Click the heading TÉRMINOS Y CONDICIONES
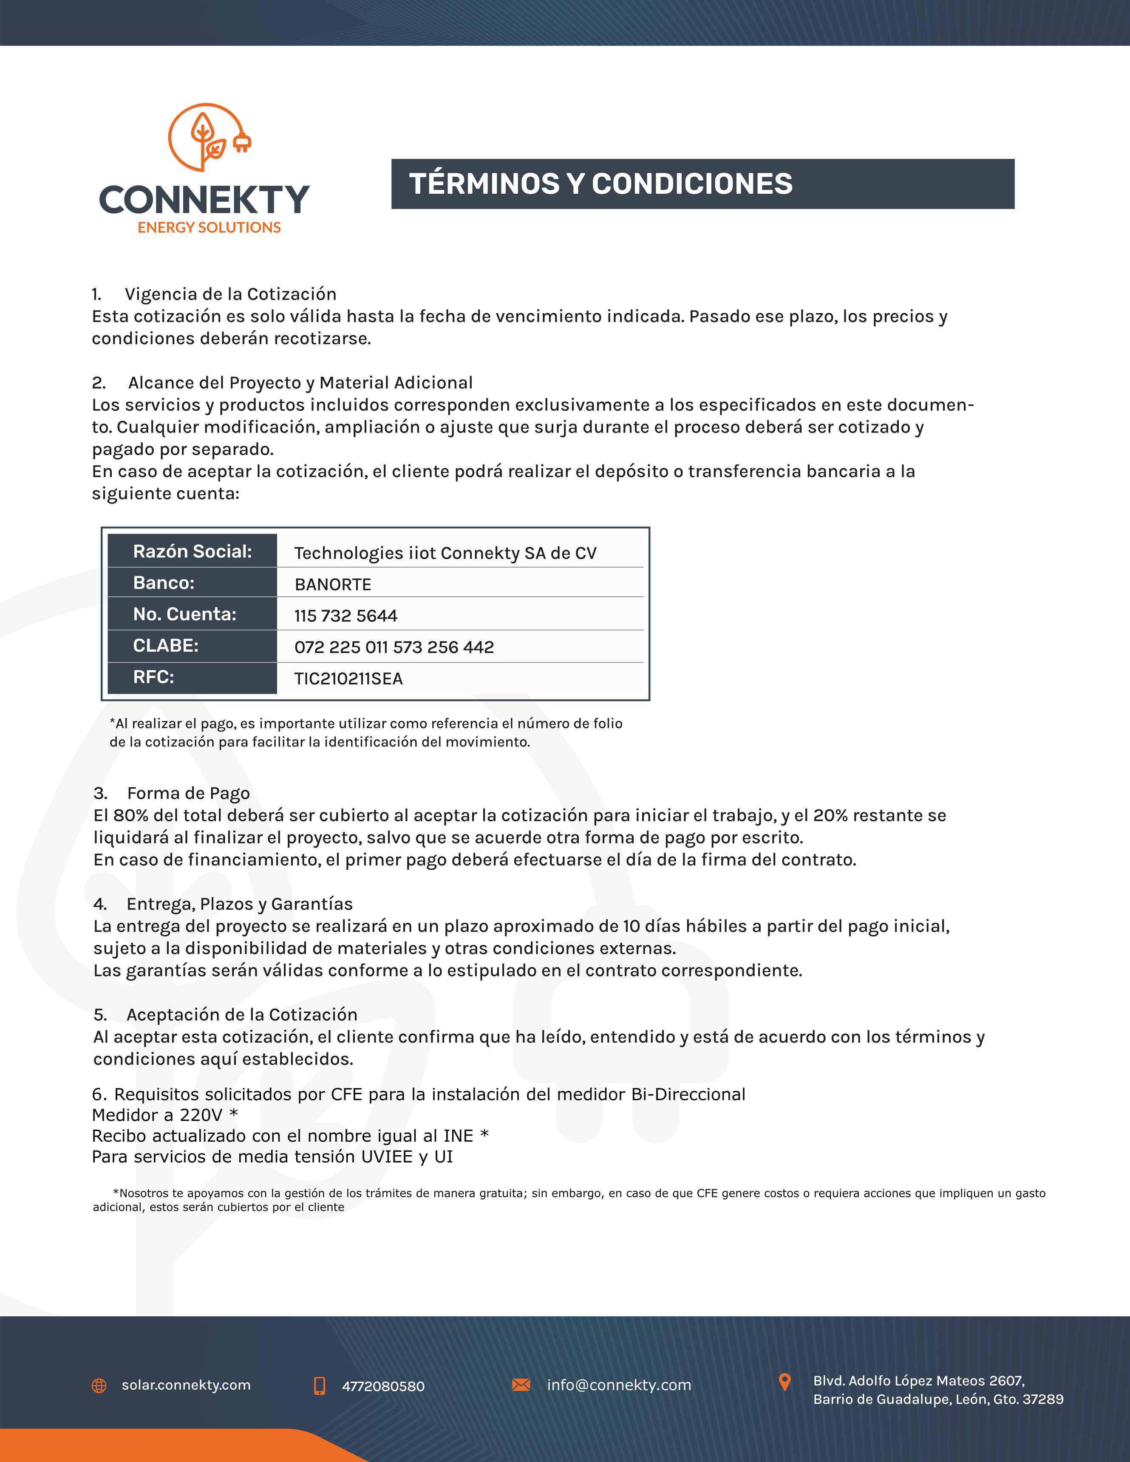pos(600,184)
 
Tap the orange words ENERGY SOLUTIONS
pos(209,228)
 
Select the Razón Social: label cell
pos(192,551)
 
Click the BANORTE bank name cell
pos(333,584)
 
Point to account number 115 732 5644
pos(346,616)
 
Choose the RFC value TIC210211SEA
pos(348,679)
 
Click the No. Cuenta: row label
pos(185,614)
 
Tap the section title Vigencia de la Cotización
pos(230,294)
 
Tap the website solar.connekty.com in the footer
pos(186,1385)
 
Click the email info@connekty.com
pos(619,1385)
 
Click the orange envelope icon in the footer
pos(521,1384)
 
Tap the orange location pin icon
pos(784,1382)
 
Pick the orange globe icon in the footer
pos(99,1386)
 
